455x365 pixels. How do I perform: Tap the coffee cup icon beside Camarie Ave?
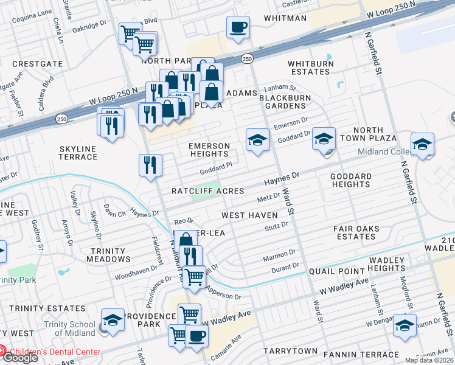tap(196, 336)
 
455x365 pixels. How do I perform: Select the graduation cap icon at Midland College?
tap(422, 145)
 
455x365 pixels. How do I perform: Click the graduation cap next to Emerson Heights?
tap(257, 141)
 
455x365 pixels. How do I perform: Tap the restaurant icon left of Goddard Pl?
tap(150, 165)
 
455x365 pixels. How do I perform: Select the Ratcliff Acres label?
tap(207, 191)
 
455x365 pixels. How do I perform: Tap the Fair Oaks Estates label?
tap(365, 233)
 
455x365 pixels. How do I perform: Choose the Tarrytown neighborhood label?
tap(290, 352)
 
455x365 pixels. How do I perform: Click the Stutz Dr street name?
tap(276, 226)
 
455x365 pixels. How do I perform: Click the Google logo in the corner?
tap(19, 358)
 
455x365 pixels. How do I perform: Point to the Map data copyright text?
tap(428, 360)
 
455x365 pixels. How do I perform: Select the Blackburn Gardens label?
tap(285, 102)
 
